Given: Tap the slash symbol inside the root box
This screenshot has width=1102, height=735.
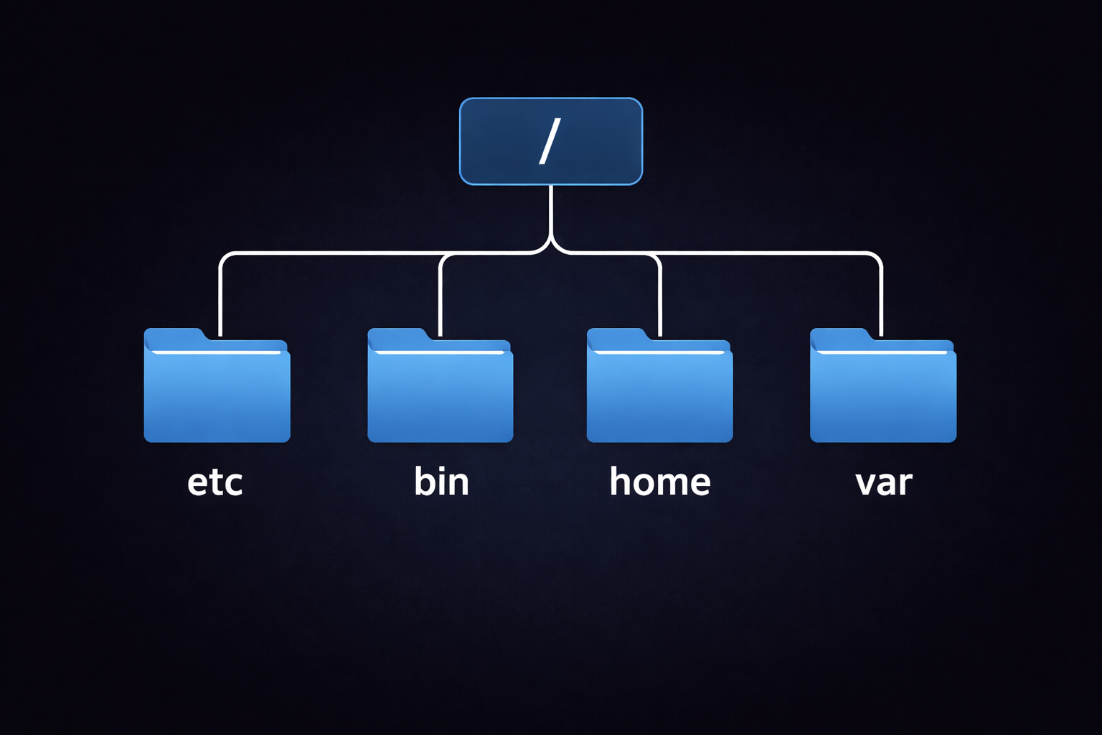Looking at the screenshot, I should (x=550, y=141).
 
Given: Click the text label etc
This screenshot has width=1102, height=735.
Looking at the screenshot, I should (x=215, y=482).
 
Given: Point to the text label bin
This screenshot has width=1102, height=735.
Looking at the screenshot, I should (x=441, y=481).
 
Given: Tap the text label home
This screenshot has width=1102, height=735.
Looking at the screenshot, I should (x=659, y=481).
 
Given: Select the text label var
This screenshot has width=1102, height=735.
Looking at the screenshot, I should (x=883, y=482).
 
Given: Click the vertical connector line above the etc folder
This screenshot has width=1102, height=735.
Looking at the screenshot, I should (x=220, y=298).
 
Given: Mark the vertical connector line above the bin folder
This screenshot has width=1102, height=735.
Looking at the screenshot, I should (x=440, y=298).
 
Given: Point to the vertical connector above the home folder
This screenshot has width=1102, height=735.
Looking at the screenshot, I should (x=659, y=298).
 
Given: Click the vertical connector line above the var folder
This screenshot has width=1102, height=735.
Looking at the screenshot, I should (x=881, y=298).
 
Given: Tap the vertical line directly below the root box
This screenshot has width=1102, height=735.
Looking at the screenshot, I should (x=550, y=212).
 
